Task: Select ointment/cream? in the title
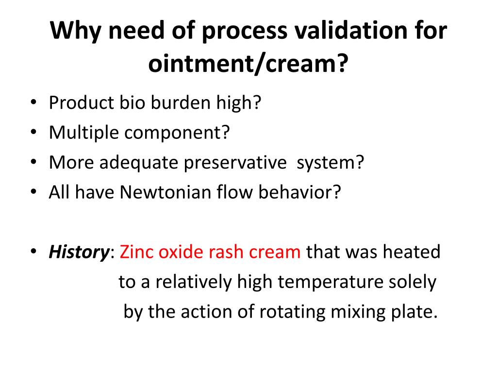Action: (x=248, y=63)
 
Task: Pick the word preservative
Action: (x=235, y=163)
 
